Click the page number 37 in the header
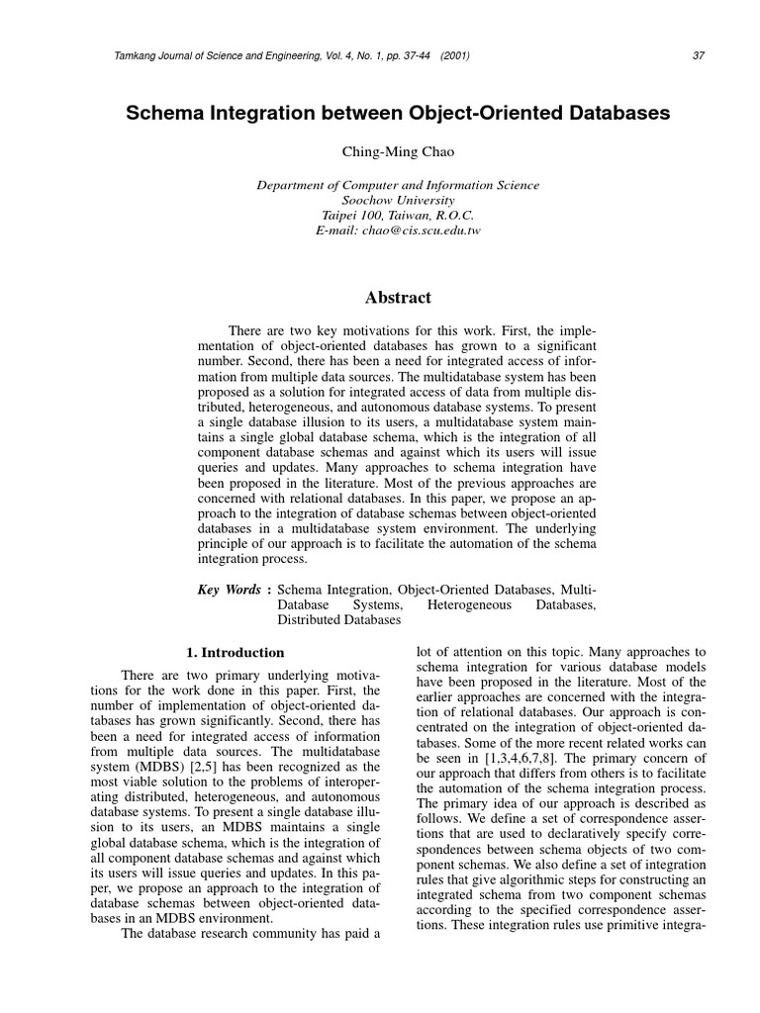point(699,54)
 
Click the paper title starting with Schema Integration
point(398,114)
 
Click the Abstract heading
point(398,297)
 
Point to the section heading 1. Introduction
point(236,653)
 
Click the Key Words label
point(230,590)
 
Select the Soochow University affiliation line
point(398,200)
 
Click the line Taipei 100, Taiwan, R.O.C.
point(398,215)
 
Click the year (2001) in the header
point(455,54)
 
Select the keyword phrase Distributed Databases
point(338,620)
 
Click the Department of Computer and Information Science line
point(398,185)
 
